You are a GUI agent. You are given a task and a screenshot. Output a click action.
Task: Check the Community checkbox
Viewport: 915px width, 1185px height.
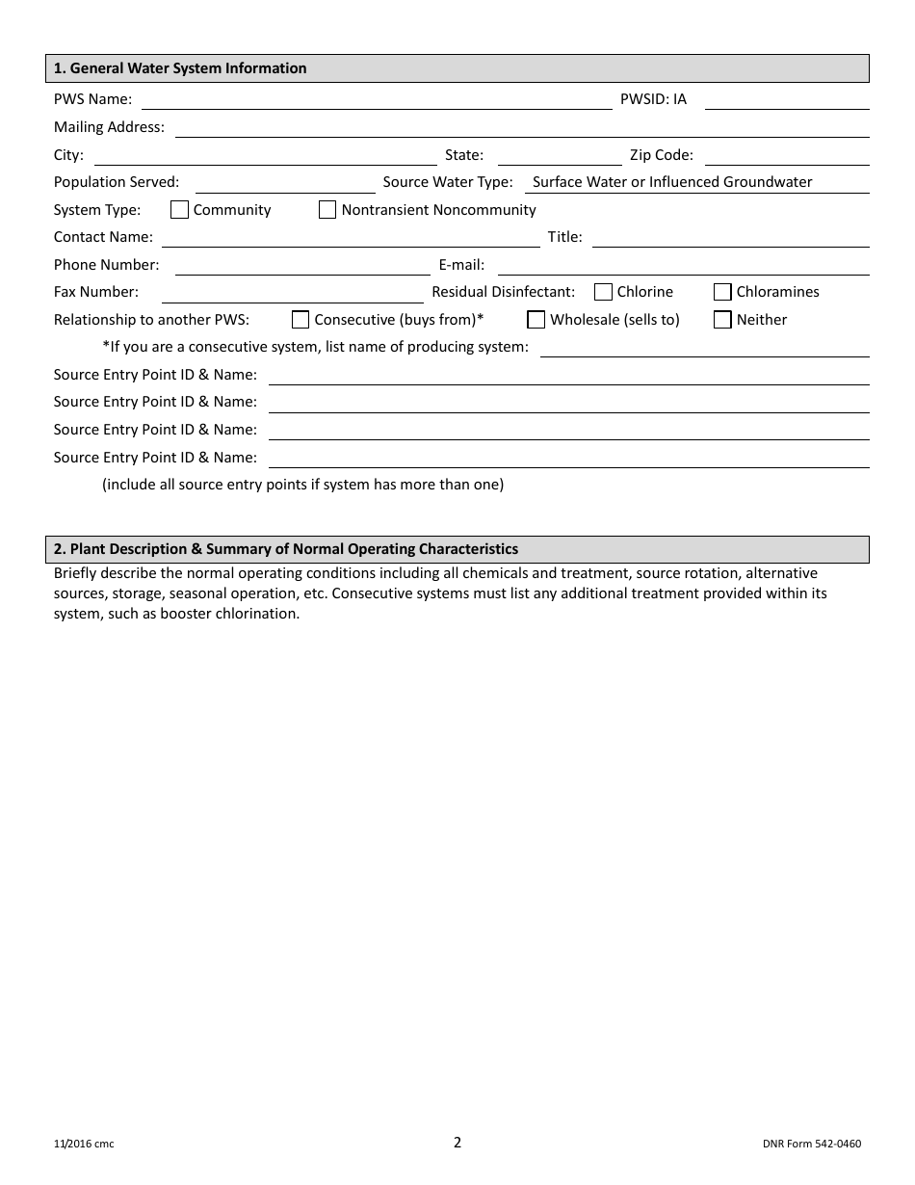coord(179,210)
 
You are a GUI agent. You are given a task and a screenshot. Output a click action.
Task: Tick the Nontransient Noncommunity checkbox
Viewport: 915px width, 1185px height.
coord(327,210)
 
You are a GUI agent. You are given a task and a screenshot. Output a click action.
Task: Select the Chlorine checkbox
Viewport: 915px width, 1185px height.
coord(603,292)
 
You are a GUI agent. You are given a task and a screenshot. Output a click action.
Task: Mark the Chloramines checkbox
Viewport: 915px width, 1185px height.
coord(722,292)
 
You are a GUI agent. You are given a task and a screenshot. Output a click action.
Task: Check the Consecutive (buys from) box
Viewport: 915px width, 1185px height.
coord(301,320)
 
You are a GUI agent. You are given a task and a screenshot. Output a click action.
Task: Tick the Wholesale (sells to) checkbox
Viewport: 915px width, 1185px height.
coord(536,320)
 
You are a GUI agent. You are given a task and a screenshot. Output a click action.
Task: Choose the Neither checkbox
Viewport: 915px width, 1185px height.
coord(722,320)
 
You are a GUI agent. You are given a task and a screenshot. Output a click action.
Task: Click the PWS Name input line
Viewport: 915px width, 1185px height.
coord(376,100)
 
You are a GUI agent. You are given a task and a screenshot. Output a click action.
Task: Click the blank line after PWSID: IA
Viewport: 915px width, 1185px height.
coord(786,100)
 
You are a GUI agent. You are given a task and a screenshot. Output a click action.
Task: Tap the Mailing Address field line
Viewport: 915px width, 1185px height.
coord(521,128)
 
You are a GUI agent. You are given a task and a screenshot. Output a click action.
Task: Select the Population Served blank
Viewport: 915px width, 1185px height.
coord(285,183)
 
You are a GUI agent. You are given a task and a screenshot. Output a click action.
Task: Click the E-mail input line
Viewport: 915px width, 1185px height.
coord(683,266)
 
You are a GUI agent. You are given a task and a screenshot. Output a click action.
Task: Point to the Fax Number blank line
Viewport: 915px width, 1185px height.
coord(292,293)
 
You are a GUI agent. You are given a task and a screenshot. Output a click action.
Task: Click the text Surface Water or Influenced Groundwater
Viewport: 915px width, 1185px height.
coord(672,182)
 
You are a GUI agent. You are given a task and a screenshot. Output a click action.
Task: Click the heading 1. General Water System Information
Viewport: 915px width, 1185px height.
coord(180,68)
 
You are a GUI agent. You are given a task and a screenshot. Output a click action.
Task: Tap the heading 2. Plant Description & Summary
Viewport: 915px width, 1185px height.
coord(286,549)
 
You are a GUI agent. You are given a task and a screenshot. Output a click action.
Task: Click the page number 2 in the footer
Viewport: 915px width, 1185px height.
coord(457,1143)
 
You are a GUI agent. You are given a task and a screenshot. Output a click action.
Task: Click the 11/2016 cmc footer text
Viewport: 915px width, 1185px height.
coord(84,1145)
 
